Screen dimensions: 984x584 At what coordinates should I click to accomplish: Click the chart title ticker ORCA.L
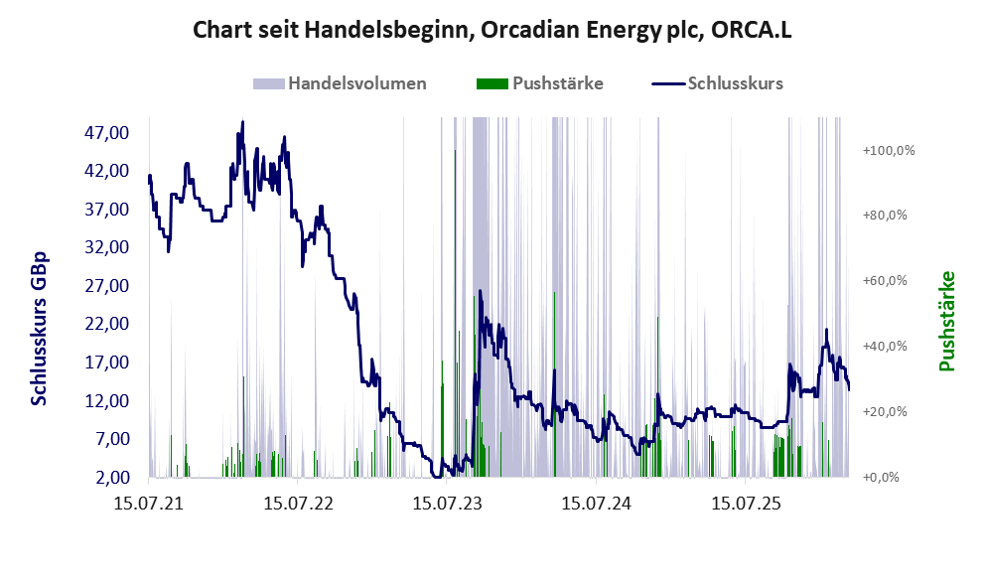752,30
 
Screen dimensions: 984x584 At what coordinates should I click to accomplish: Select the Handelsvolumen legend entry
340,83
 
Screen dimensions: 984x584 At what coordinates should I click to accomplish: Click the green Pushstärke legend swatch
492,83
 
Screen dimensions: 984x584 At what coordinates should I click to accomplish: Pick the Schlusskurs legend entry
717,83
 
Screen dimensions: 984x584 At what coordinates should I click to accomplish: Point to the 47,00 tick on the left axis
106,132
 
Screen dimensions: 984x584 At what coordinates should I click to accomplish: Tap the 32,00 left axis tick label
106,246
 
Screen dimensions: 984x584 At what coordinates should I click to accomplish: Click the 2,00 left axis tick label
113,478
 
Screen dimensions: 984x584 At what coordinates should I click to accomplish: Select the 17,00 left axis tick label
106,363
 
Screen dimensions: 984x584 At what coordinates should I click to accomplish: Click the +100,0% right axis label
889,151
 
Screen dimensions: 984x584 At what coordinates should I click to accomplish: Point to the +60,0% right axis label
885,281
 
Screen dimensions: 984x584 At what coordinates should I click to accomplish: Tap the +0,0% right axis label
881,478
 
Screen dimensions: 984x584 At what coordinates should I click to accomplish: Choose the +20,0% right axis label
885,412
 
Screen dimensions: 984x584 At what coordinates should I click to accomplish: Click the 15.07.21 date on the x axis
149,504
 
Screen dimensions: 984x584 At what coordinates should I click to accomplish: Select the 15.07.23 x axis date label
447,504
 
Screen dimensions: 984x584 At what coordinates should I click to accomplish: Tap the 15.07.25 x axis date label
745,504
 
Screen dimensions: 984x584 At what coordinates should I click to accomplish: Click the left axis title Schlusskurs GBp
39,329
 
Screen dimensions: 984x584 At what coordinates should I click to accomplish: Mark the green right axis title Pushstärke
946,321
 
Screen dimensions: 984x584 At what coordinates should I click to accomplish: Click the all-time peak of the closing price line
243,121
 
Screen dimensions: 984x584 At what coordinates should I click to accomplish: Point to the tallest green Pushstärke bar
455,313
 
